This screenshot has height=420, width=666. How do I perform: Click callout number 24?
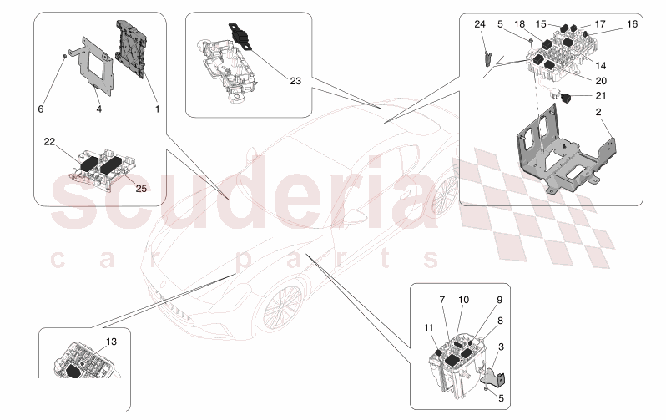pos(479,24)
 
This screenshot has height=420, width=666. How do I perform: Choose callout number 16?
pos(632,24)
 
